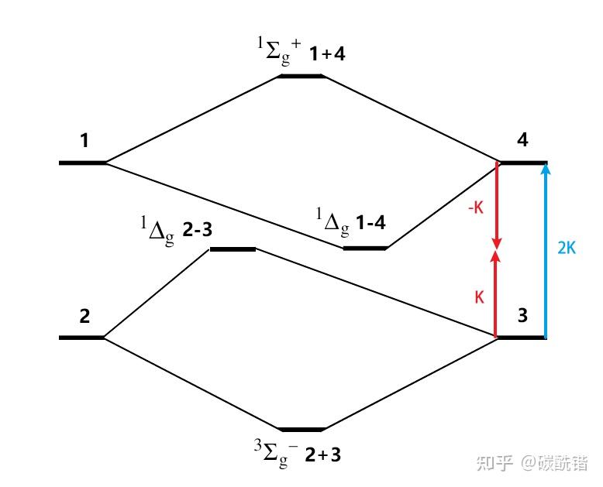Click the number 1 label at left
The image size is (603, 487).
click(84, 140)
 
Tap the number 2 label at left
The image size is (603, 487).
click(84, 316)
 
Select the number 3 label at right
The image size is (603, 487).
click(522, 315)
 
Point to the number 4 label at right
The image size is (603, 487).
click(522, 140)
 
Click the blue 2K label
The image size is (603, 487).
click(567, 249)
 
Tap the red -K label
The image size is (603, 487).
click(476, 207)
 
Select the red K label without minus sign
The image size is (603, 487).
click(479, 297)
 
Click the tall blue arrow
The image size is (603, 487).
click(545, 251)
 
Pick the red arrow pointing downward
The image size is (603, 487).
click(497, 205)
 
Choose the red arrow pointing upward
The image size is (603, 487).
click(496, 293)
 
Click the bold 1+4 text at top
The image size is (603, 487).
click(327, 53)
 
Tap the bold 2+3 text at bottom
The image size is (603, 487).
click(323, 455)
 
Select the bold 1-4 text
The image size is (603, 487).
click(370, 222)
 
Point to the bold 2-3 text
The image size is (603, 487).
click(198, 230)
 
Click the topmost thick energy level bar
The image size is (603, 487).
click(301, 76)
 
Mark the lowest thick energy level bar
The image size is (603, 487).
click(301, 430)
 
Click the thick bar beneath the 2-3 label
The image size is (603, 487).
click(233, 249)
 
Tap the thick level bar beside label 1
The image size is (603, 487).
click(82, 163)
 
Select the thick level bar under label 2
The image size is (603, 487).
click(81, 338)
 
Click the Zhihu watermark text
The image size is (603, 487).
click(532, 463)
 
